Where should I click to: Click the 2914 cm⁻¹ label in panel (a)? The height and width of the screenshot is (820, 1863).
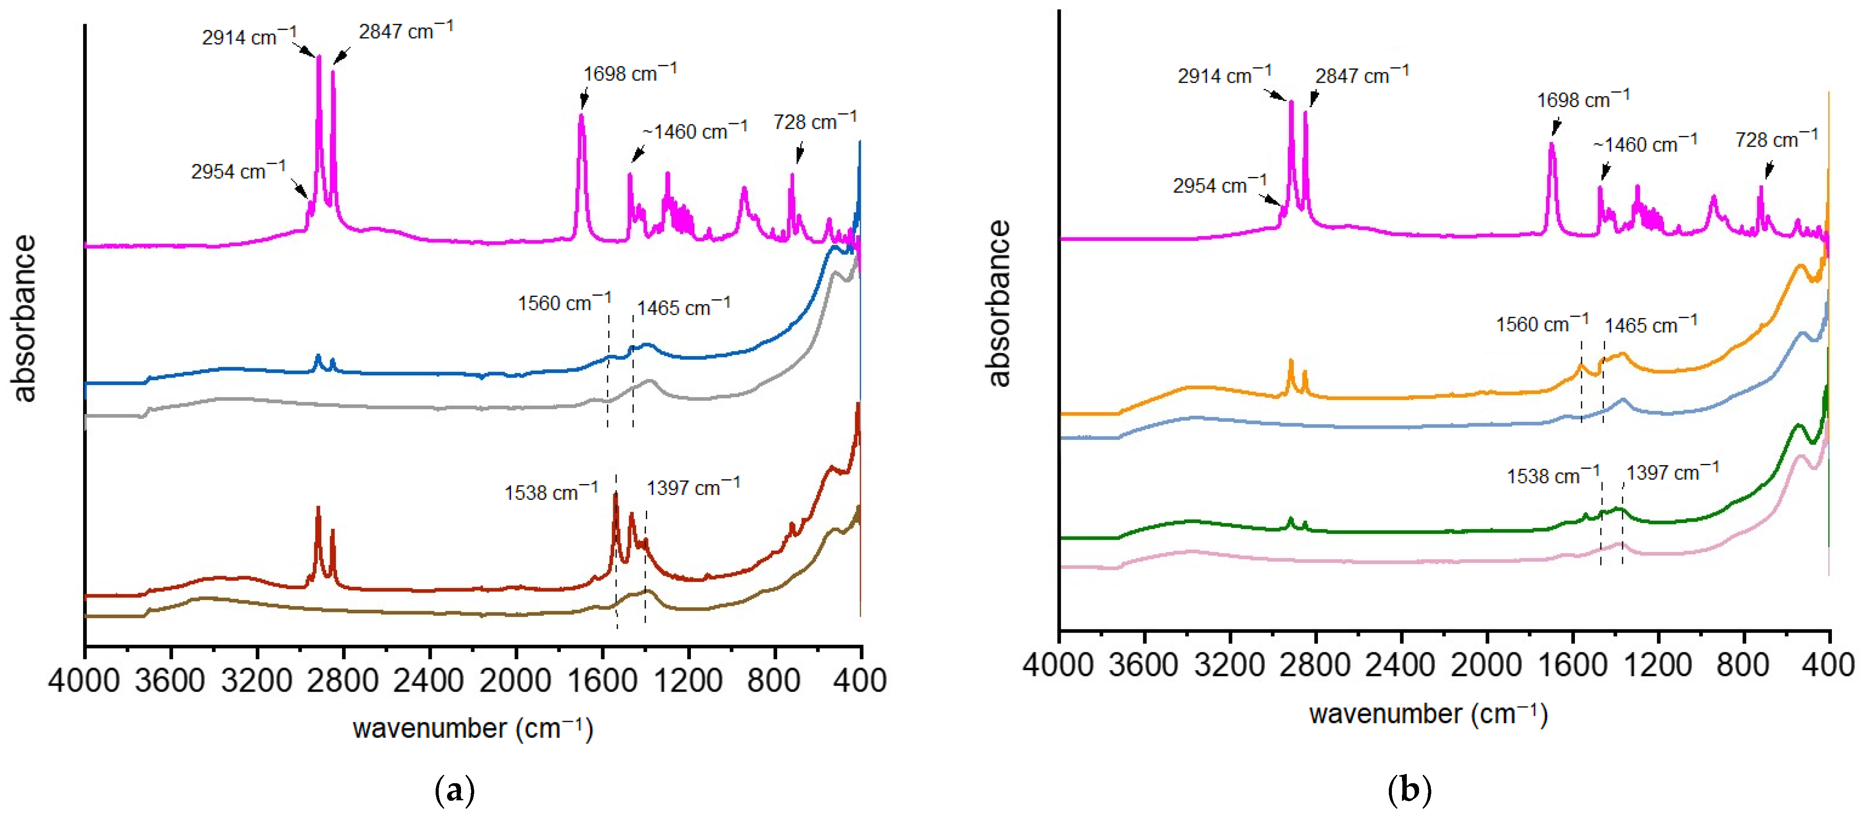point(249,36)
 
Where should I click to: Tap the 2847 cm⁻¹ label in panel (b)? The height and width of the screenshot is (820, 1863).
point(1362,75)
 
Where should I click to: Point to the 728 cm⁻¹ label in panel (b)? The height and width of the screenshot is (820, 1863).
point(1776,139)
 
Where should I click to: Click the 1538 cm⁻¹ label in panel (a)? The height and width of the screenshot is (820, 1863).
point(551,492)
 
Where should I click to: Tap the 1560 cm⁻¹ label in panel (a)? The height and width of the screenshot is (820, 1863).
point(564,303)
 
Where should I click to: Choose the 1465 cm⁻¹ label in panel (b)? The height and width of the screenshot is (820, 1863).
point(1650,325)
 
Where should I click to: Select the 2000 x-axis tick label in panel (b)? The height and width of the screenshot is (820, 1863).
point(1487,664)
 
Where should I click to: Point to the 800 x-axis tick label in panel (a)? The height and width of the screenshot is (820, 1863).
point(775,680)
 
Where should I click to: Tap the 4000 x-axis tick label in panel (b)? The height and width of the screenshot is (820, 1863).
point(1058,664)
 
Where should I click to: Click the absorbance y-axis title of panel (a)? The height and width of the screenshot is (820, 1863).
point(25,318)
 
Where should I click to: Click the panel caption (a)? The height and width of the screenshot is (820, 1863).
point(455,790)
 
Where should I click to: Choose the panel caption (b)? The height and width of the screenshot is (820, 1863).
point(1409,790)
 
